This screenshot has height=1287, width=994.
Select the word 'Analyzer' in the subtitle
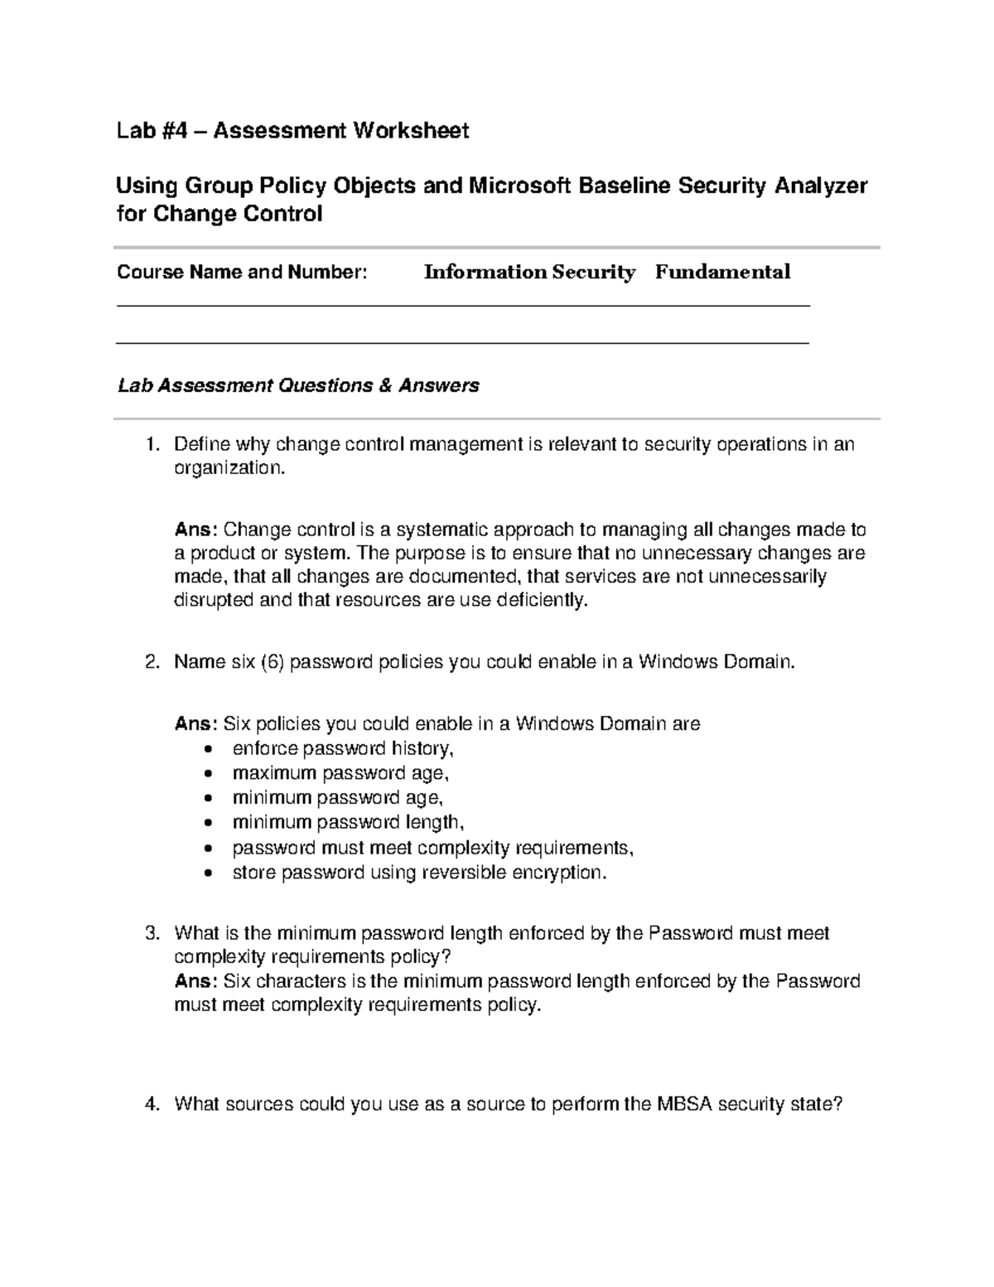(x=821, y=186)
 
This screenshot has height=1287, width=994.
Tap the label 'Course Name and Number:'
(x=242, y=272)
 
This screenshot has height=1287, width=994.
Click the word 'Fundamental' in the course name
(x=722, y=272)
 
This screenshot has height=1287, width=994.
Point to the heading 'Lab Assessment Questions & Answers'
(x=298, y=385)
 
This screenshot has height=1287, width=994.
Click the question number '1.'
(x=150, y=445)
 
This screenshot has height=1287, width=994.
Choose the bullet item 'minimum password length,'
(x=348, y=822)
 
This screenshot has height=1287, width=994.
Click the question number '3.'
(x=150, y=934)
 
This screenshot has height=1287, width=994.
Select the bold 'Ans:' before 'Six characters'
(x=195, y=982)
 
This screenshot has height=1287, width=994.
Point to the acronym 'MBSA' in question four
(x=685, y=1104)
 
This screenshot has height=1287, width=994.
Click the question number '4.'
(x=150, y=1104)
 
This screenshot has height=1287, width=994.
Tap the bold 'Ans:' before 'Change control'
(x=195, y=530)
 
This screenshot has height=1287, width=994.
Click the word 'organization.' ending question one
(x=229, y=468)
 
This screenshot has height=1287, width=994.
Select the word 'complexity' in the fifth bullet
(x=465, y=848)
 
